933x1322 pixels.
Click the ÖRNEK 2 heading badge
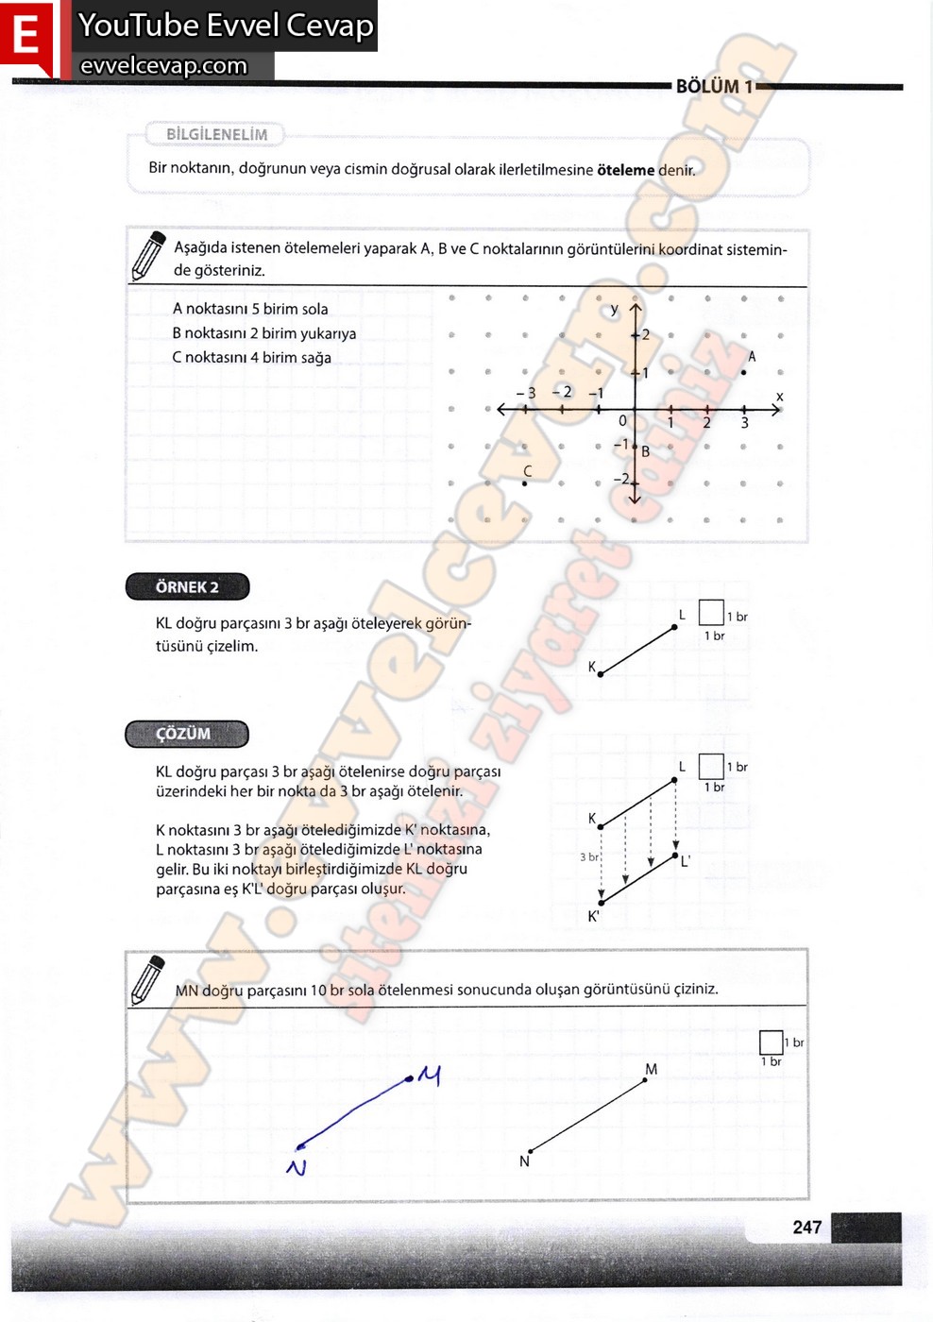(187, 587)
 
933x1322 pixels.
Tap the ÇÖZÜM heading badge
(186, 734)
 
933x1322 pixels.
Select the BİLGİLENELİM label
(216, 134)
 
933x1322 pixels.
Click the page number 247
(806, 1227)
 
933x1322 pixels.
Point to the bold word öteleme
(625, 170)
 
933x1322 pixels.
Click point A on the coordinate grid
(744, 372)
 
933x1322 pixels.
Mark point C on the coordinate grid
(525, 483)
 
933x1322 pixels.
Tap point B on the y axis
(636, 447)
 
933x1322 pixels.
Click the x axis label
(779, 397)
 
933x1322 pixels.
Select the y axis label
(615, 309)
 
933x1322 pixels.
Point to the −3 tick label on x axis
(526, 393)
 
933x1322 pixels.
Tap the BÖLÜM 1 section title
(714, 87)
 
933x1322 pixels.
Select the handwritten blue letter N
(297, 1167)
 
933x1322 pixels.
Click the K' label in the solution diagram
(593, 916)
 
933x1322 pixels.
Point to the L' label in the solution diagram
(685, 861)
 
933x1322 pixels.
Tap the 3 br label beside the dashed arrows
(589, 856)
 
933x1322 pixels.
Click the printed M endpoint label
(651, 1069)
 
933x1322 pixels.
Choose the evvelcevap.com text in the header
(163, 65)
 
